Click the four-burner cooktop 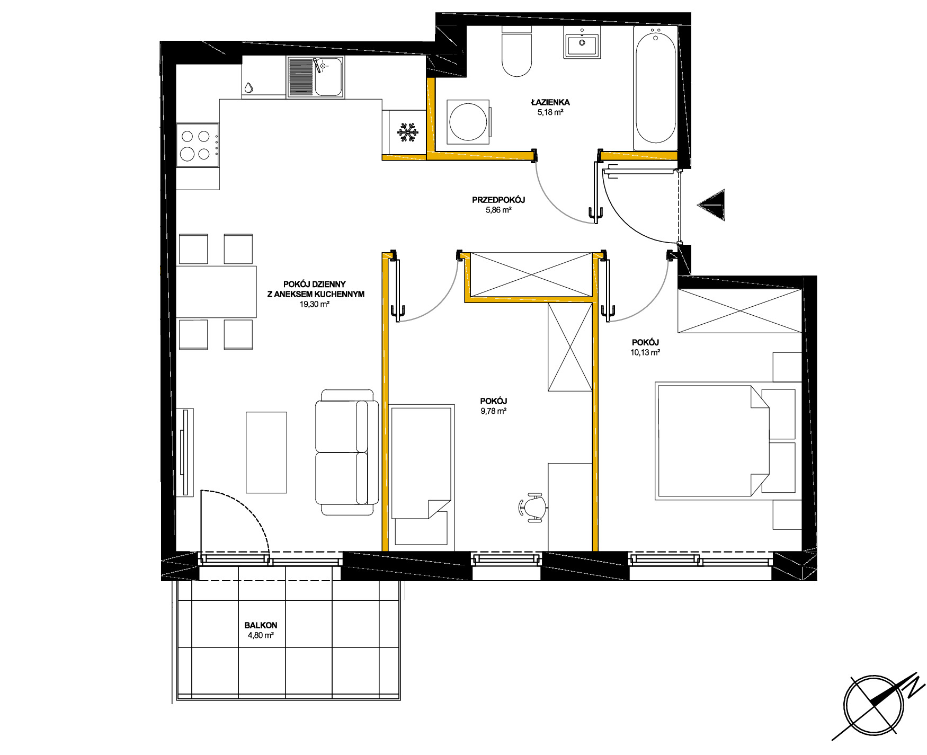(198, 145)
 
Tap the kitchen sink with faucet (316, 77)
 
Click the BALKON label (261, 625)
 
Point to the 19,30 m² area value (315, 304)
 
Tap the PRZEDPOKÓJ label (498, 200)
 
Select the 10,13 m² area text (645, 352)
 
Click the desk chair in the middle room (533, 508)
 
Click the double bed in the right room (726, 441)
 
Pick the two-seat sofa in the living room (347, 452)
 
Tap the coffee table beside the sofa (266, 452)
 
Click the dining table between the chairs (216, 292)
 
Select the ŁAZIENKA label (550, 102)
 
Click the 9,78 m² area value (494, 411)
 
